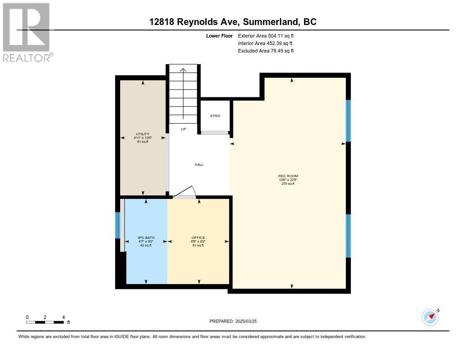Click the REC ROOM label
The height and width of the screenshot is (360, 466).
pyautogui.click(x=288, y=176)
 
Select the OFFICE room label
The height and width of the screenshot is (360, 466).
pyautogui.click(x=198, y=238)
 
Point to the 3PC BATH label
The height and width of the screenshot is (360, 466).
pyautogui.click(x=144, y=238)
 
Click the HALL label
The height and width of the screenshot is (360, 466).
pyautogui.click(x=199, y=164)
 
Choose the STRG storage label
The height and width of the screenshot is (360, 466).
pyautogui.click(x=215, y=116)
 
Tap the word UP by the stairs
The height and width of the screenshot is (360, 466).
pyautogui.click(x=183, y=129)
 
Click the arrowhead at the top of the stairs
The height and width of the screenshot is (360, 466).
pyautogui.click(x=183, y=70)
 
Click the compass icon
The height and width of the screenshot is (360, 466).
pyautogui.click(x=430, y=317)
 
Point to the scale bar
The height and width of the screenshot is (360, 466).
pyautogui.click(x=45, y=322)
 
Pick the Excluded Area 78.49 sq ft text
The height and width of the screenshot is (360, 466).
pyautogui.click(x=266, y=51)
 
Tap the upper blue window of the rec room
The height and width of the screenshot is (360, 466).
pyautogui.click(x=348, y=121)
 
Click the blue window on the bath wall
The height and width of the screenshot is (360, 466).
pyautogui.click(x=117, y=225)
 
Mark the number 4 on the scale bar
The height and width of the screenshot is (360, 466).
pyautogui.click(x=63, y=317)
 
